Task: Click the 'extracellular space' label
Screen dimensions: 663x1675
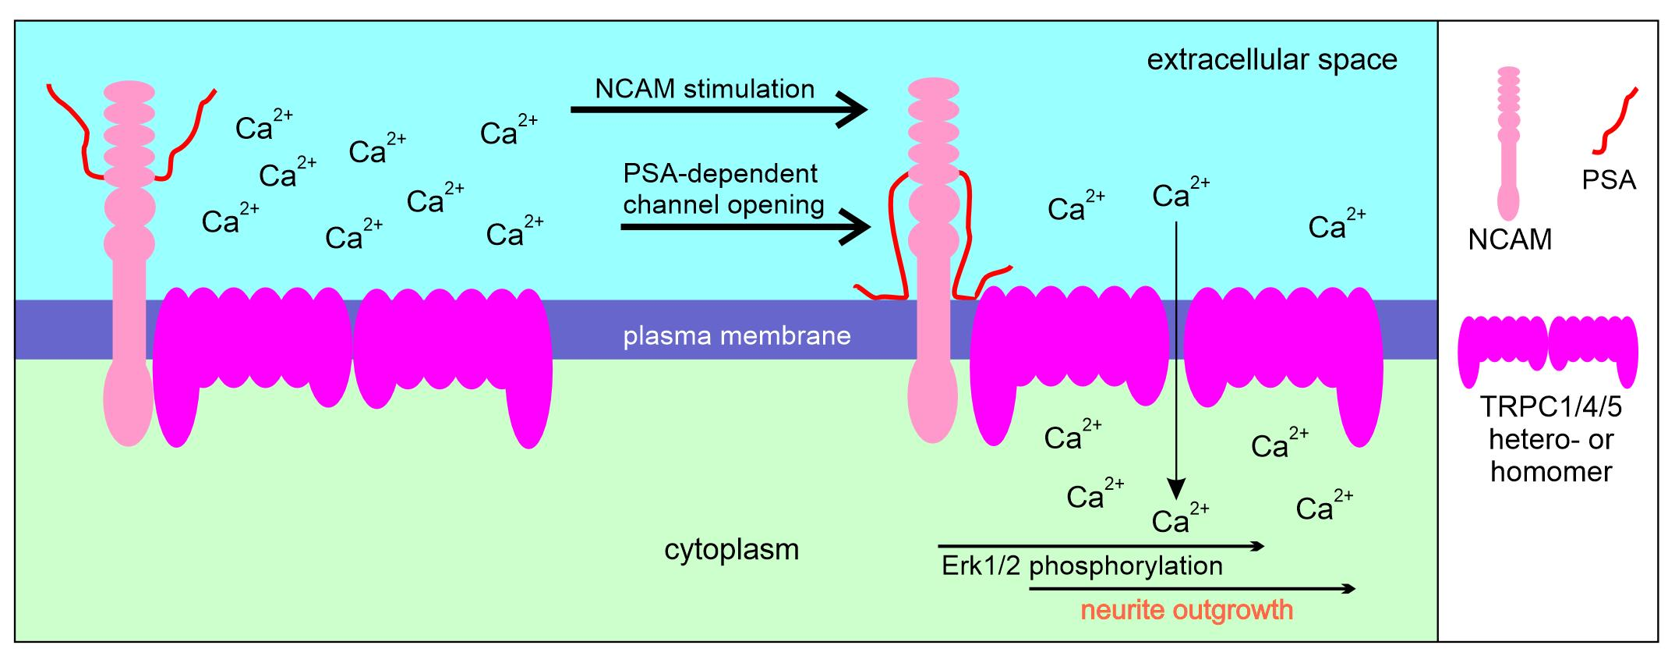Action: tap(1271, 60)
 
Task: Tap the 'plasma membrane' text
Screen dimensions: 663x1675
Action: tap(737, 336)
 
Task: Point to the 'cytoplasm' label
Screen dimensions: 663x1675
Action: tap(731, 550)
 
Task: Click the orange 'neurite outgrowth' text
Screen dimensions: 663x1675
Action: tap(1186, 609)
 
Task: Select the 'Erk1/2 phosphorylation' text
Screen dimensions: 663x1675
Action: tap(1082, 565)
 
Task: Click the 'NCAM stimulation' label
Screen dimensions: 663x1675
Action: tap(705, 89)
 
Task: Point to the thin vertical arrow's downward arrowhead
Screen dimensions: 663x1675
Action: tap(1176, 489)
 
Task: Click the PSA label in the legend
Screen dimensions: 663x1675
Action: tap(1608, 181)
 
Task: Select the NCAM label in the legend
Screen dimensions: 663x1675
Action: tap(1510, 239)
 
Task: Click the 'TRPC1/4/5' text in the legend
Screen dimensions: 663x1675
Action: tap(1550, 408)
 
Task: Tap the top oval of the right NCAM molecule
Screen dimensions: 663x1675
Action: tap(933, 88)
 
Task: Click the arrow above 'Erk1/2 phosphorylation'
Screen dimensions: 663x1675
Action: tap(1100, 547)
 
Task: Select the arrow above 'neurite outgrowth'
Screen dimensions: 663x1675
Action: tap(1191, 589)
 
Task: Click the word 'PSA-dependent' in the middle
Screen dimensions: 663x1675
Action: tap(720, 173)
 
